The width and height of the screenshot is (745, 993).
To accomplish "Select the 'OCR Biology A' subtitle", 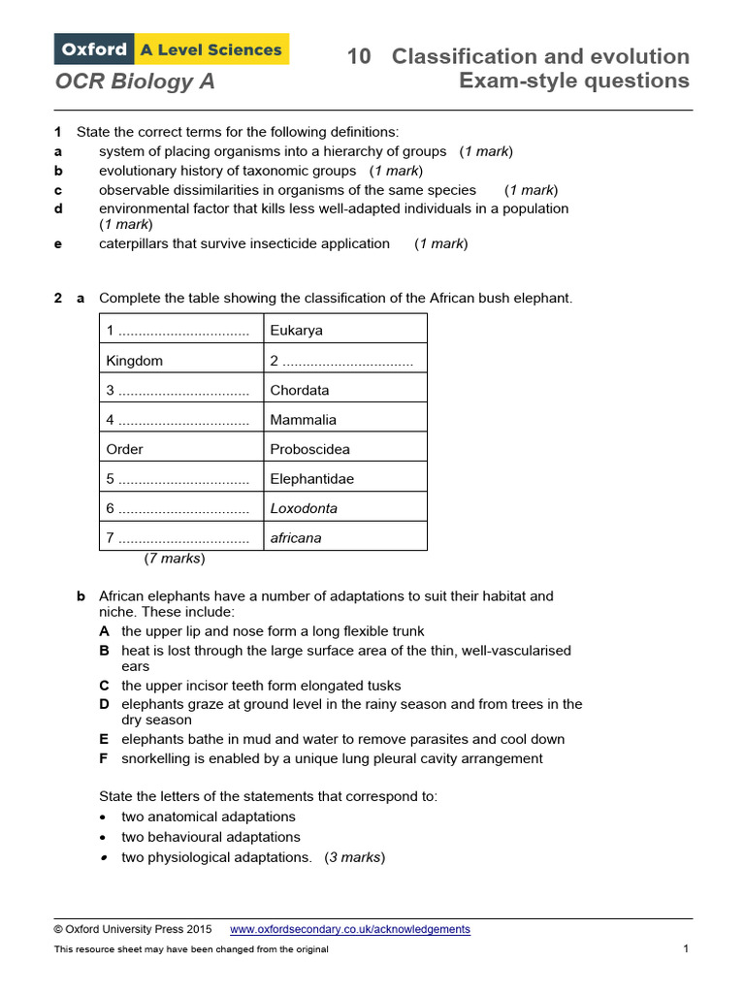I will point(135,82).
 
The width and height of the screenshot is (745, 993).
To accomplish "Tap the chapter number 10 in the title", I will point(359,56).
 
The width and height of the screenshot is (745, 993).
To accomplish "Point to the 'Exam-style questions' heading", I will point(573,80).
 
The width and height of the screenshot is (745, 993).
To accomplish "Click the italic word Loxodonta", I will point(304,509).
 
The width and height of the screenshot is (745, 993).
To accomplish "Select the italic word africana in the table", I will point(296,538).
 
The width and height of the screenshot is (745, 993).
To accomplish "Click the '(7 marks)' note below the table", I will point(175,559).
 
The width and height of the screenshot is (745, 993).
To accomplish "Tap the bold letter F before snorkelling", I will point(104,758).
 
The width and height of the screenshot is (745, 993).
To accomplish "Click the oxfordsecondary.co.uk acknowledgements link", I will point(349,929).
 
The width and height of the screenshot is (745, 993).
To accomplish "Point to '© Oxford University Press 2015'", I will point(132,929).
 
